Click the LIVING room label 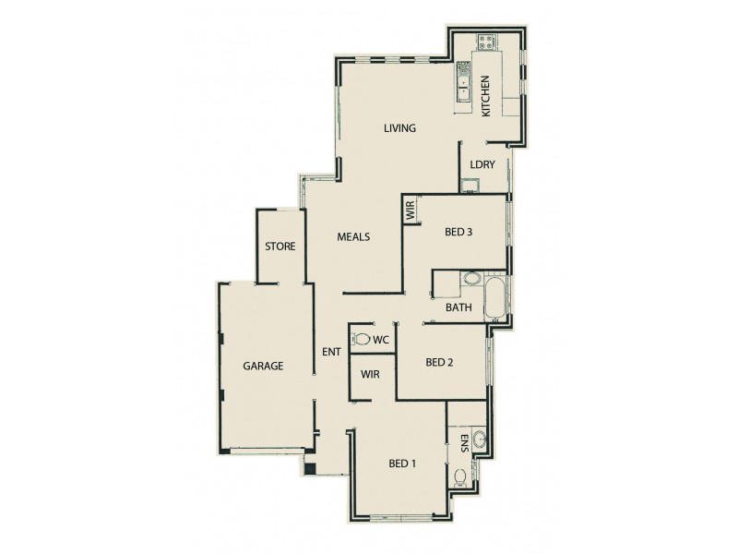pyautogui.click(x=399, y=128)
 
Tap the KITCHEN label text pyautogui.click(x=485, y=96)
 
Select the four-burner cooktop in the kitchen pyautogui.click(x=485, y=42)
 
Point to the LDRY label pyautogui.click(x=482, y=164)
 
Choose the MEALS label pyautogui.click(x=352, y=237)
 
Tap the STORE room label pyautogui.click(x=280, y=247)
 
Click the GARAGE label pyautogui.click(x=263, y=366)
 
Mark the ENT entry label pyautogui.click(x=332, y=352)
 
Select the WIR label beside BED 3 pyautogui.click(x=410, y=211)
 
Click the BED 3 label pyautogui.click(x=458, y=232)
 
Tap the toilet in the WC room pyautogui.click(x=361, y=340)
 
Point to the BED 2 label pyautogui.click(x=440, y=363)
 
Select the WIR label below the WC pyautogui.click(x=372, y=374)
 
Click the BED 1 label pyautogui.click(x=402, y=464)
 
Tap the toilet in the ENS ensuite pyautogui.click(x=459, y=477)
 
